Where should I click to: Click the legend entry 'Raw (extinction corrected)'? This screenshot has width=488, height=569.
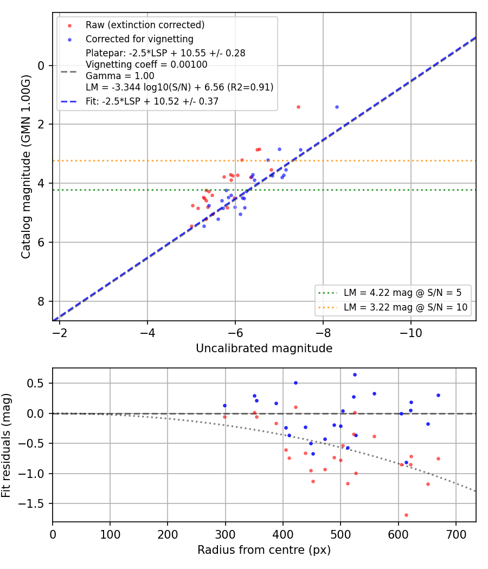pos(145,25)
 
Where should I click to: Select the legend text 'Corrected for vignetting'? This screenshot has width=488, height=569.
pos(139,39)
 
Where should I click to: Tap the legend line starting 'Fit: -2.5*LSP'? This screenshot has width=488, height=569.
pos(152,101)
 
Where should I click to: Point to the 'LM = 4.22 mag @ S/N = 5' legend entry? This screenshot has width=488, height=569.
pos(402,293)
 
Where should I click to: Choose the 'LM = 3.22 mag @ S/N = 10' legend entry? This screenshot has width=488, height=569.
pos(405,307)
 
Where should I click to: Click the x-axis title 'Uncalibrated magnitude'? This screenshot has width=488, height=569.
pos(264,348)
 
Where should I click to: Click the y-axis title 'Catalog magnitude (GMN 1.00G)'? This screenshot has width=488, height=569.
pos(25,167)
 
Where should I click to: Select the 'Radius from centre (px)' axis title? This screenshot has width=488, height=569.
pos(264,550)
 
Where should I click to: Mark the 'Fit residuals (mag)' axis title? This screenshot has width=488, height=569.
pos(6,445)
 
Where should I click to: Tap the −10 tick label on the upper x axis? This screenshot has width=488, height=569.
pos(410,333)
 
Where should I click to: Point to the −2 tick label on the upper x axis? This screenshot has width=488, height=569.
pos(60,333)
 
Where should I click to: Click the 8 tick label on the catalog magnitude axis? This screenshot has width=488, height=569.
pos(41,301)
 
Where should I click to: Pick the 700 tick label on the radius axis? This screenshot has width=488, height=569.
pos(455,534)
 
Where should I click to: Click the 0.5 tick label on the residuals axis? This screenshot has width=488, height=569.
pos(37,384)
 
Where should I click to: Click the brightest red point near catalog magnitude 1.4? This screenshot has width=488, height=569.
pos(298,107)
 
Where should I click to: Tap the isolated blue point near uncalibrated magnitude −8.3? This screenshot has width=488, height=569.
pos(337,107)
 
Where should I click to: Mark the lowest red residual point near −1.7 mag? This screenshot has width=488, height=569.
pos(406,515)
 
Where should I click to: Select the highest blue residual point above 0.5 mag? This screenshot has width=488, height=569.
pos(355,375)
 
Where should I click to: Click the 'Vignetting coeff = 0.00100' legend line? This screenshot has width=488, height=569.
pos(146,64)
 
